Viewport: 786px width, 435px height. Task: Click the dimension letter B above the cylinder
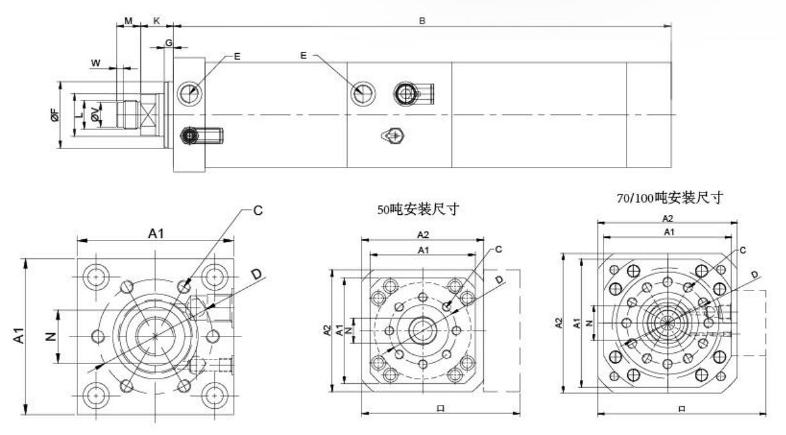[x=422, y=20]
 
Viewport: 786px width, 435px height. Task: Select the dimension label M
[x=128, y=20]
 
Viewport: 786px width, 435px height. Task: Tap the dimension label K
[x=157, y=20]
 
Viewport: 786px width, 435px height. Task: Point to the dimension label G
[x=169, y=42]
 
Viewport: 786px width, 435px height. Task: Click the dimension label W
[x=96, y=63]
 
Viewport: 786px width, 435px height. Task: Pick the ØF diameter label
[x=56, y=115]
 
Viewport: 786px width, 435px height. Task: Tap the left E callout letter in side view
[x=237, y=57]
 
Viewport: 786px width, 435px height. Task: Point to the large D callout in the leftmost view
[x=257, y=274]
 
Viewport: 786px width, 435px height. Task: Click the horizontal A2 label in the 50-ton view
[x=423, y=235]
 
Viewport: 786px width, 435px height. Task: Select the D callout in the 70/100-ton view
[x=755, y=275]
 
